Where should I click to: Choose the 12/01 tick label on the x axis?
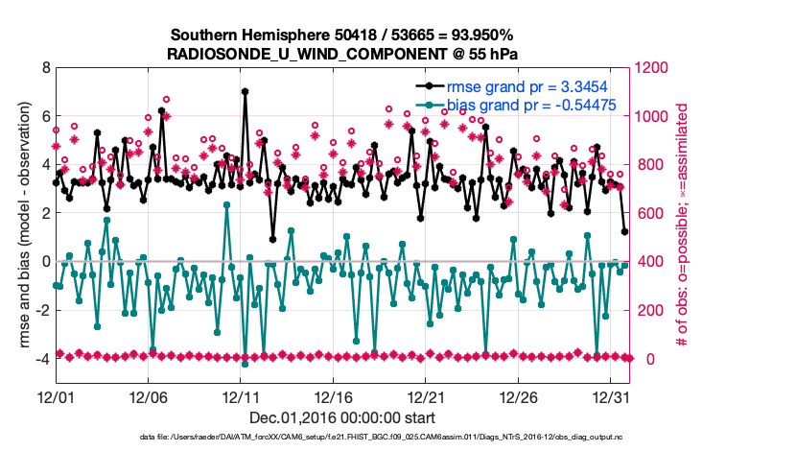tap(56, 395)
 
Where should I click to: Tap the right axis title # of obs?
tap(682, 225)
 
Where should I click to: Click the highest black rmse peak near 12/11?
tap(246, 91)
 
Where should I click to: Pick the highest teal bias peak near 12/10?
tap(226, 204)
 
